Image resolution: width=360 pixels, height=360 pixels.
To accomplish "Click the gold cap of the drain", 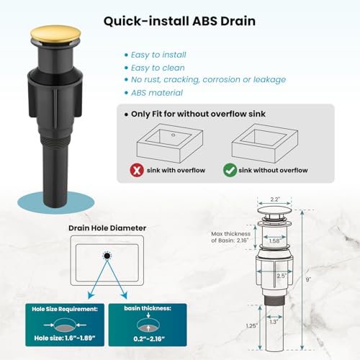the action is [x=55, y=35].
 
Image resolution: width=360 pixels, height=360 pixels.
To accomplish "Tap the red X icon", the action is [x=137, y=170].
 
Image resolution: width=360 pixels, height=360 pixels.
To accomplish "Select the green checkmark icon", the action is [x=230, y=170].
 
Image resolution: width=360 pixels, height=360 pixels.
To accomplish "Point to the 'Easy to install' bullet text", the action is [x=158, y=55].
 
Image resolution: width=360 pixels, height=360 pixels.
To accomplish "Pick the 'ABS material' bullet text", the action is [x=157, y=93].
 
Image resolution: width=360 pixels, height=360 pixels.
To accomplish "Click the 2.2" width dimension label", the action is [x=274, y=199].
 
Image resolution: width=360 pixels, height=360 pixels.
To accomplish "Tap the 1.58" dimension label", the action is [x=274, y=241].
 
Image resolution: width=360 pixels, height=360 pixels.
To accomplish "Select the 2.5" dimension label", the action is [x=282, y=276].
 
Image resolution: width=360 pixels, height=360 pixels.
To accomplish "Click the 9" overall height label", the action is [x=308, y=279].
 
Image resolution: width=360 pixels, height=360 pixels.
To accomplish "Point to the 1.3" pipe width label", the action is [x=274, y=322].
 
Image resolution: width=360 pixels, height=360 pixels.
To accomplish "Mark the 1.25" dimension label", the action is [x=251, y=325].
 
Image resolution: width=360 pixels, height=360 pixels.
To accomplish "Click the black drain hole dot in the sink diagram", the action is [x=107, y=256].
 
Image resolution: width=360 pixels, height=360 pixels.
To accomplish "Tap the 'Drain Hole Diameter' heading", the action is [x=107, y=228].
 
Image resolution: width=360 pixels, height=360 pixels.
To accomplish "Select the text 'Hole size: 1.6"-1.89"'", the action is [x=65, y=338].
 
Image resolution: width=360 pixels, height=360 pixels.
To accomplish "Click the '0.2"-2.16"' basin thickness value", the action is [x=149, y=339].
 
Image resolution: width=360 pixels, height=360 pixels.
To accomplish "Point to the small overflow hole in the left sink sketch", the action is [x=174, y=135].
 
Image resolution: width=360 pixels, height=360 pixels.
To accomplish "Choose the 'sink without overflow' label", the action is [x=273, y=170].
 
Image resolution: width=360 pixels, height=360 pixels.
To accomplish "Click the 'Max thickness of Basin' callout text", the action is [x=230, y=237].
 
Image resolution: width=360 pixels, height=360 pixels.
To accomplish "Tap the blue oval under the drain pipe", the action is [x=55, y=204].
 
